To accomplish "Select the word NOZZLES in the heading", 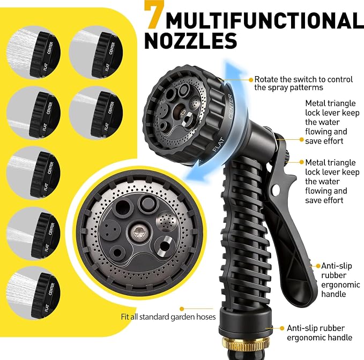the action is (x=191, y=41).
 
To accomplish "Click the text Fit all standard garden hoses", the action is (x=168, y=317).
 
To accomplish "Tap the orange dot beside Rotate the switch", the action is (x=251, y=80).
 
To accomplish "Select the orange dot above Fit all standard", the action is (x=182, y=309).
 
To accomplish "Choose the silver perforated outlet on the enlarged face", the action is (x=167, y=222).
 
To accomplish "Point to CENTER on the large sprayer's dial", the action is (x=231, y=107).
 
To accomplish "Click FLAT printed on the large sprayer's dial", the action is (x=219, y=144).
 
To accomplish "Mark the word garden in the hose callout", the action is (x=183, y=317).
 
